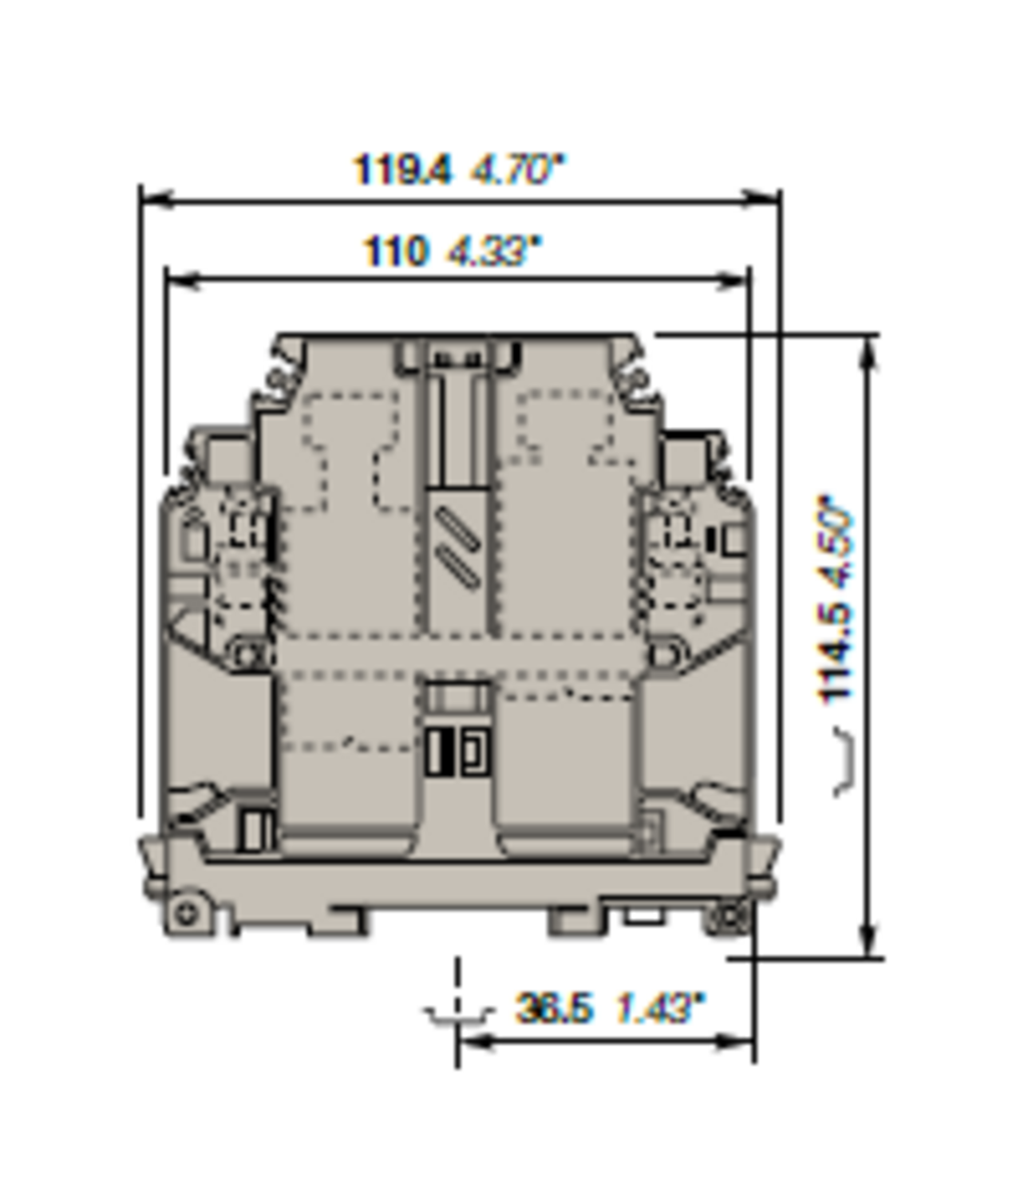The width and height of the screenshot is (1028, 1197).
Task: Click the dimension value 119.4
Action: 401,170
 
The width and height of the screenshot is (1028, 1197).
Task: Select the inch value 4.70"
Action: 516,170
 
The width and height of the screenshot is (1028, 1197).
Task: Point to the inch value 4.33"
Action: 494,251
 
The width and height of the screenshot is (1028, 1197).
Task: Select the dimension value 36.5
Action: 554,1008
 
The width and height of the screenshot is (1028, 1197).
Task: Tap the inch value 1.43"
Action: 659,1008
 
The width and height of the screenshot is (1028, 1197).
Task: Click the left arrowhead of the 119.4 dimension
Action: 156,199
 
